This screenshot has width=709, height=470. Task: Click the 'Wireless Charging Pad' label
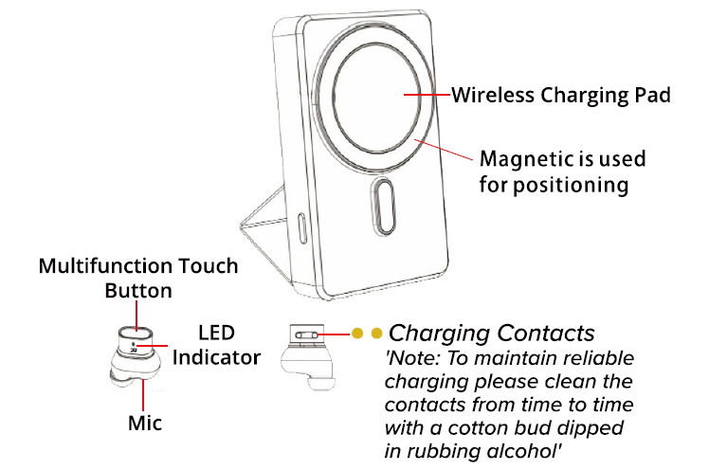coord(560,96)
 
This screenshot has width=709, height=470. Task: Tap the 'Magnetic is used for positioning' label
coord(554,171)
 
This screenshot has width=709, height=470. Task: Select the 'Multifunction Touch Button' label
coord(137,278)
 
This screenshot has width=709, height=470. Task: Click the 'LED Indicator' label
coord(216,346)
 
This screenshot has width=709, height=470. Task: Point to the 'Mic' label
coord(145,423)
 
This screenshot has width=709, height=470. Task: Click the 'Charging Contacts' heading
coord(492,334)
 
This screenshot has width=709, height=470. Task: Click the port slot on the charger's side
coord(302,228)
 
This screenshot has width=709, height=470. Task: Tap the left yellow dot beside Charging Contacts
coord(358,334)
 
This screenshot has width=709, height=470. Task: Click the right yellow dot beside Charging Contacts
coord(377,334)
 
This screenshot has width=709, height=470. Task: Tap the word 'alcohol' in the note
coord(528,449)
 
